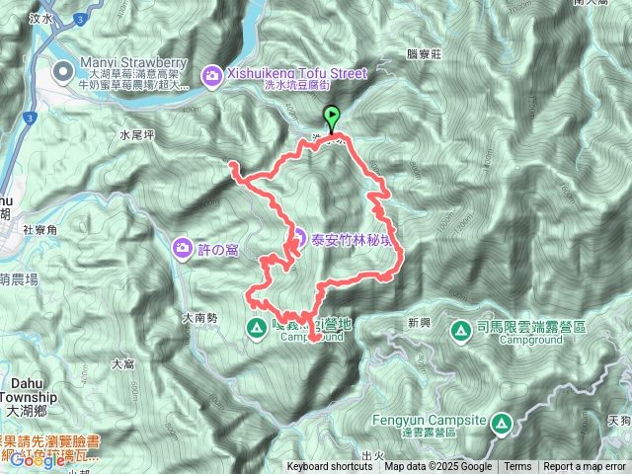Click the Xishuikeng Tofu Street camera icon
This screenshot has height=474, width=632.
coord(212,74)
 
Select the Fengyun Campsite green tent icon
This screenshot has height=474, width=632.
coord(501,425)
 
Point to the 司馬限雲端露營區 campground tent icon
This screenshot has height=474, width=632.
coord(461,329)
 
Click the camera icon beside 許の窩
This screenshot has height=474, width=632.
coord(184,246)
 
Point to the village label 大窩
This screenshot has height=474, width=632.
coord(123,364)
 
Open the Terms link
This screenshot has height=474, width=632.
coord(517,467)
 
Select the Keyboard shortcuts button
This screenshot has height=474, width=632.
coord(331,467)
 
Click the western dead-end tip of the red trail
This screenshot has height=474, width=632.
coord(230,163)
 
